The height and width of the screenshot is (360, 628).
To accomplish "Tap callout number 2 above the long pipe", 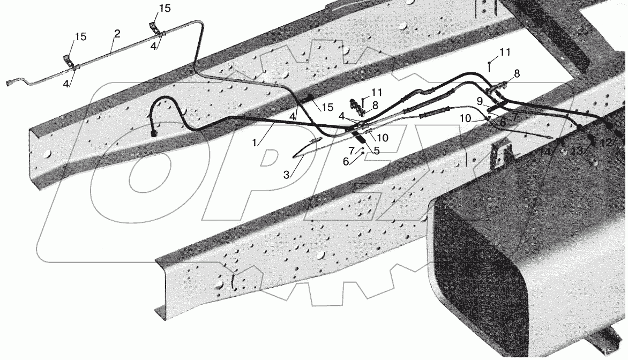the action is [117, 34].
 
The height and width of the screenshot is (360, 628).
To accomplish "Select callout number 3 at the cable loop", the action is [286, 175].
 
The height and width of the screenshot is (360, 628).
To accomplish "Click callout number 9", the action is [480, 102].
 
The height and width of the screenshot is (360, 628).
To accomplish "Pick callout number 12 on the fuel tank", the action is [607, 143].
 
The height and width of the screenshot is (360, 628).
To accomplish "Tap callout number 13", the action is [577, 151].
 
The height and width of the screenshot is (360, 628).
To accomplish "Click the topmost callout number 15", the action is [165, 9].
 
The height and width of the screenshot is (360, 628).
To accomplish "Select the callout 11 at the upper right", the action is [505, 52].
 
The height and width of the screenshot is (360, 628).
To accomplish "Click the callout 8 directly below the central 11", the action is [375, 106].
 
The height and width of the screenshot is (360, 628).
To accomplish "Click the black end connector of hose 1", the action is [153, 132].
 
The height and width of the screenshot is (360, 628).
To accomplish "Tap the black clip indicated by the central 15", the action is [309, 97].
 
